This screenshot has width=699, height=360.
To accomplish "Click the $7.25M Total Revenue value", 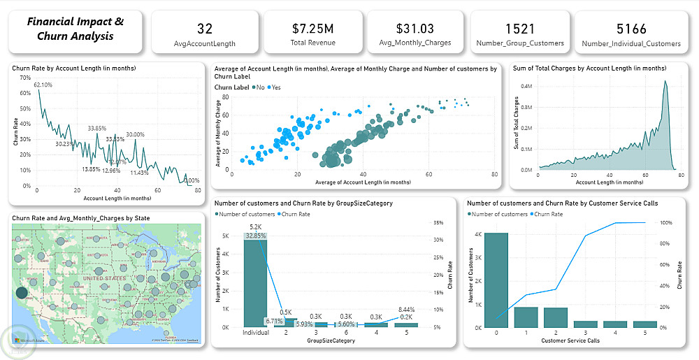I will pos(312,29).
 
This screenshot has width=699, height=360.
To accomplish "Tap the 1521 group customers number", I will pos(519,29).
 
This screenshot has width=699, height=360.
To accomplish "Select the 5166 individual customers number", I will pos(631,29).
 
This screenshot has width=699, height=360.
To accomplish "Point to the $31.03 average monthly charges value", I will pos(415,29).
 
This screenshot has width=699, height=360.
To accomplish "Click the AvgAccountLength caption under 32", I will pos(205,43).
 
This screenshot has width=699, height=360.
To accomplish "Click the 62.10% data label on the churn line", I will pos(43,85).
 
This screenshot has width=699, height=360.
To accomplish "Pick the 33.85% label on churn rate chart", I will pos(97,129).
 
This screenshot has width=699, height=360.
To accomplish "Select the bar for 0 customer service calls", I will pos(496,280).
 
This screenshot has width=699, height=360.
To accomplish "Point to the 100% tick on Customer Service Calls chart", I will pos(666,222).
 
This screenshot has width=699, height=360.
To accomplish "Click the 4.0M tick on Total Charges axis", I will pos(526,86).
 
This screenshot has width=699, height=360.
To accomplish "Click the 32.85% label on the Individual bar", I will pos(255,236).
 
